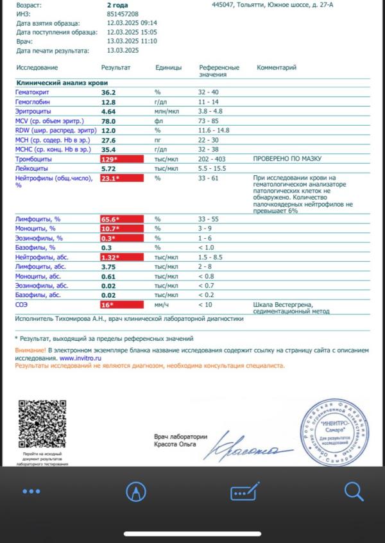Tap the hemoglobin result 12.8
tap(108, 102)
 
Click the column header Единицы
tap(168, 67)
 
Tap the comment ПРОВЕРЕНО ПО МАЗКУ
tap(287, 159)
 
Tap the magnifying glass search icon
tap(354, 492)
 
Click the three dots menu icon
tap(31, 492)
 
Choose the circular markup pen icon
tap(136, 492)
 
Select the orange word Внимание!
tap(30, 350)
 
